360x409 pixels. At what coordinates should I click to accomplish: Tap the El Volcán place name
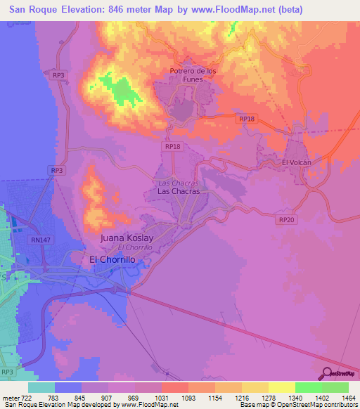pos(296,162)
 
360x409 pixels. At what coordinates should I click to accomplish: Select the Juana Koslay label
pos(127,238)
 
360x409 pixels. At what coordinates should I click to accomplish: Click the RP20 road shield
pos(285,220)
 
